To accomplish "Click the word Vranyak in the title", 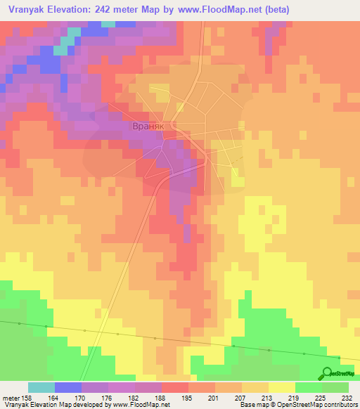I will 28,10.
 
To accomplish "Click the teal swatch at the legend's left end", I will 41,387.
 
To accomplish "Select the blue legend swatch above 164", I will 68,387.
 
